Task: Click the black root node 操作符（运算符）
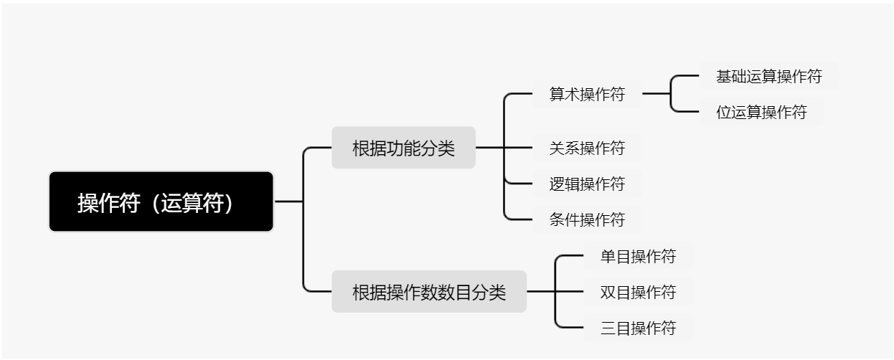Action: tap(161, 202)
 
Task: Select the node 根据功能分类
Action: tap(403, 148)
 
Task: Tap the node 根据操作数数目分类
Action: tap(428, 293)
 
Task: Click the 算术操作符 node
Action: tap(587, 94)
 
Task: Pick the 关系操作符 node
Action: tap(587, 148)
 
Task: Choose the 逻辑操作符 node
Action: tap(587, 184)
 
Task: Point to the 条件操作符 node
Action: tap(587, 219)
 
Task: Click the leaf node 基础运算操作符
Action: tap(768, 76)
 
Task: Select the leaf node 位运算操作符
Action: tap(761, 112)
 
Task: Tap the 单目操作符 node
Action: tap(638, 256)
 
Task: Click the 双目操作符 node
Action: tap(638, 292)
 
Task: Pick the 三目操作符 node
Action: tap(638, 328)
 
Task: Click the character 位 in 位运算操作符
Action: tap(724, 113)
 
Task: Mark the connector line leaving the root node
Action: tap(288, 202)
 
